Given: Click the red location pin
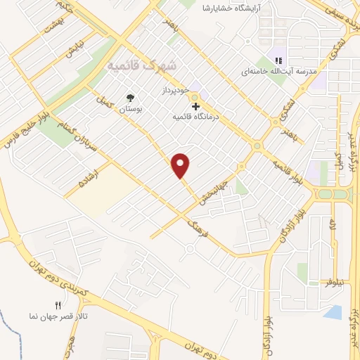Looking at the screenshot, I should click(181, 165).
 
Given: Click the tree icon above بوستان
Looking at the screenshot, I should click(130, 98).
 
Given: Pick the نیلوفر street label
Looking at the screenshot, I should click(335, 281).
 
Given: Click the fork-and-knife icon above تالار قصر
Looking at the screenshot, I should click(59, 305).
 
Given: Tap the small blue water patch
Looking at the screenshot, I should click(335, 311).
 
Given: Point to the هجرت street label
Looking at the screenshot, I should click(70, 340).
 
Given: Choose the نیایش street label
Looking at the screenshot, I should click(74, 50).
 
